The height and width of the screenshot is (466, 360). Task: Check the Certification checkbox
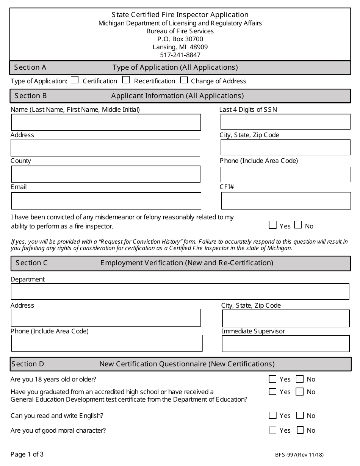(x=75, y=80)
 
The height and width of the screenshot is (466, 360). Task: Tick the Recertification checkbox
(x=126, y=80)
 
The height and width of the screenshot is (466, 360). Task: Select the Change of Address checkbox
(x=184, y=80)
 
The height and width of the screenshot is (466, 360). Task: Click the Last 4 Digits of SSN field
(x=285, y=122)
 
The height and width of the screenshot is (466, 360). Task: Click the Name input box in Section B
(x=106, y=122)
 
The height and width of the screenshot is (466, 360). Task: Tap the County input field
(x=106, y=174)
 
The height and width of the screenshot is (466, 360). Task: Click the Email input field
(x=106, y=201)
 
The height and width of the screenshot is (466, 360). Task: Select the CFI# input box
(x=286, y=201)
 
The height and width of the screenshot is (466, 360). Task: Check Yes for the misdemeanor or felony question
(x=272, y=225)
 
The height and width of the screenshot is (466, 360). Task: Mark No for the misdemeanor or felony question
(x=298, y=225)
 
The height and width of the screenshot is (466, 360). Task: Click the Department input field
(x=180, y=292)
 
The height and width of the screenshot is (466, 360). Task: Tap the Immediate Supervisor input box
(x=286, y=344)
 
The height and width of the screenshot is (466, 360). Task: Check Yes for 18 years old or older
(x=272, y=379)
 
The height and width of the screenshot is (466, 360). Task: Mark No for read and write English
(x=300, y=415)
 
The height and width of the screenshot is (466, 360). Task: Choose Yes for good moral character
(x=272, y=430)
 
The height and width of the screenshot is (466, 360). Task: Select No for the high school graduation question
(x=300, y=392)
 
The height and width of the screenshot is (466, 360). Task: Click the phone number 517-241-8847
(x=180, y=55)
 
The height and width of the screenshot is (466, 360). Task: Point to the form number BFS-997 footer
(x=299, y=455)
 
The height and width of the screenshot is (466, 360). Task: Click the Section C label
(x=31, y=263)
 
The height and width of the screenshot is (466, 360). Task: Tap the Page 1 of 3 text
(x=27, y=454)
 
